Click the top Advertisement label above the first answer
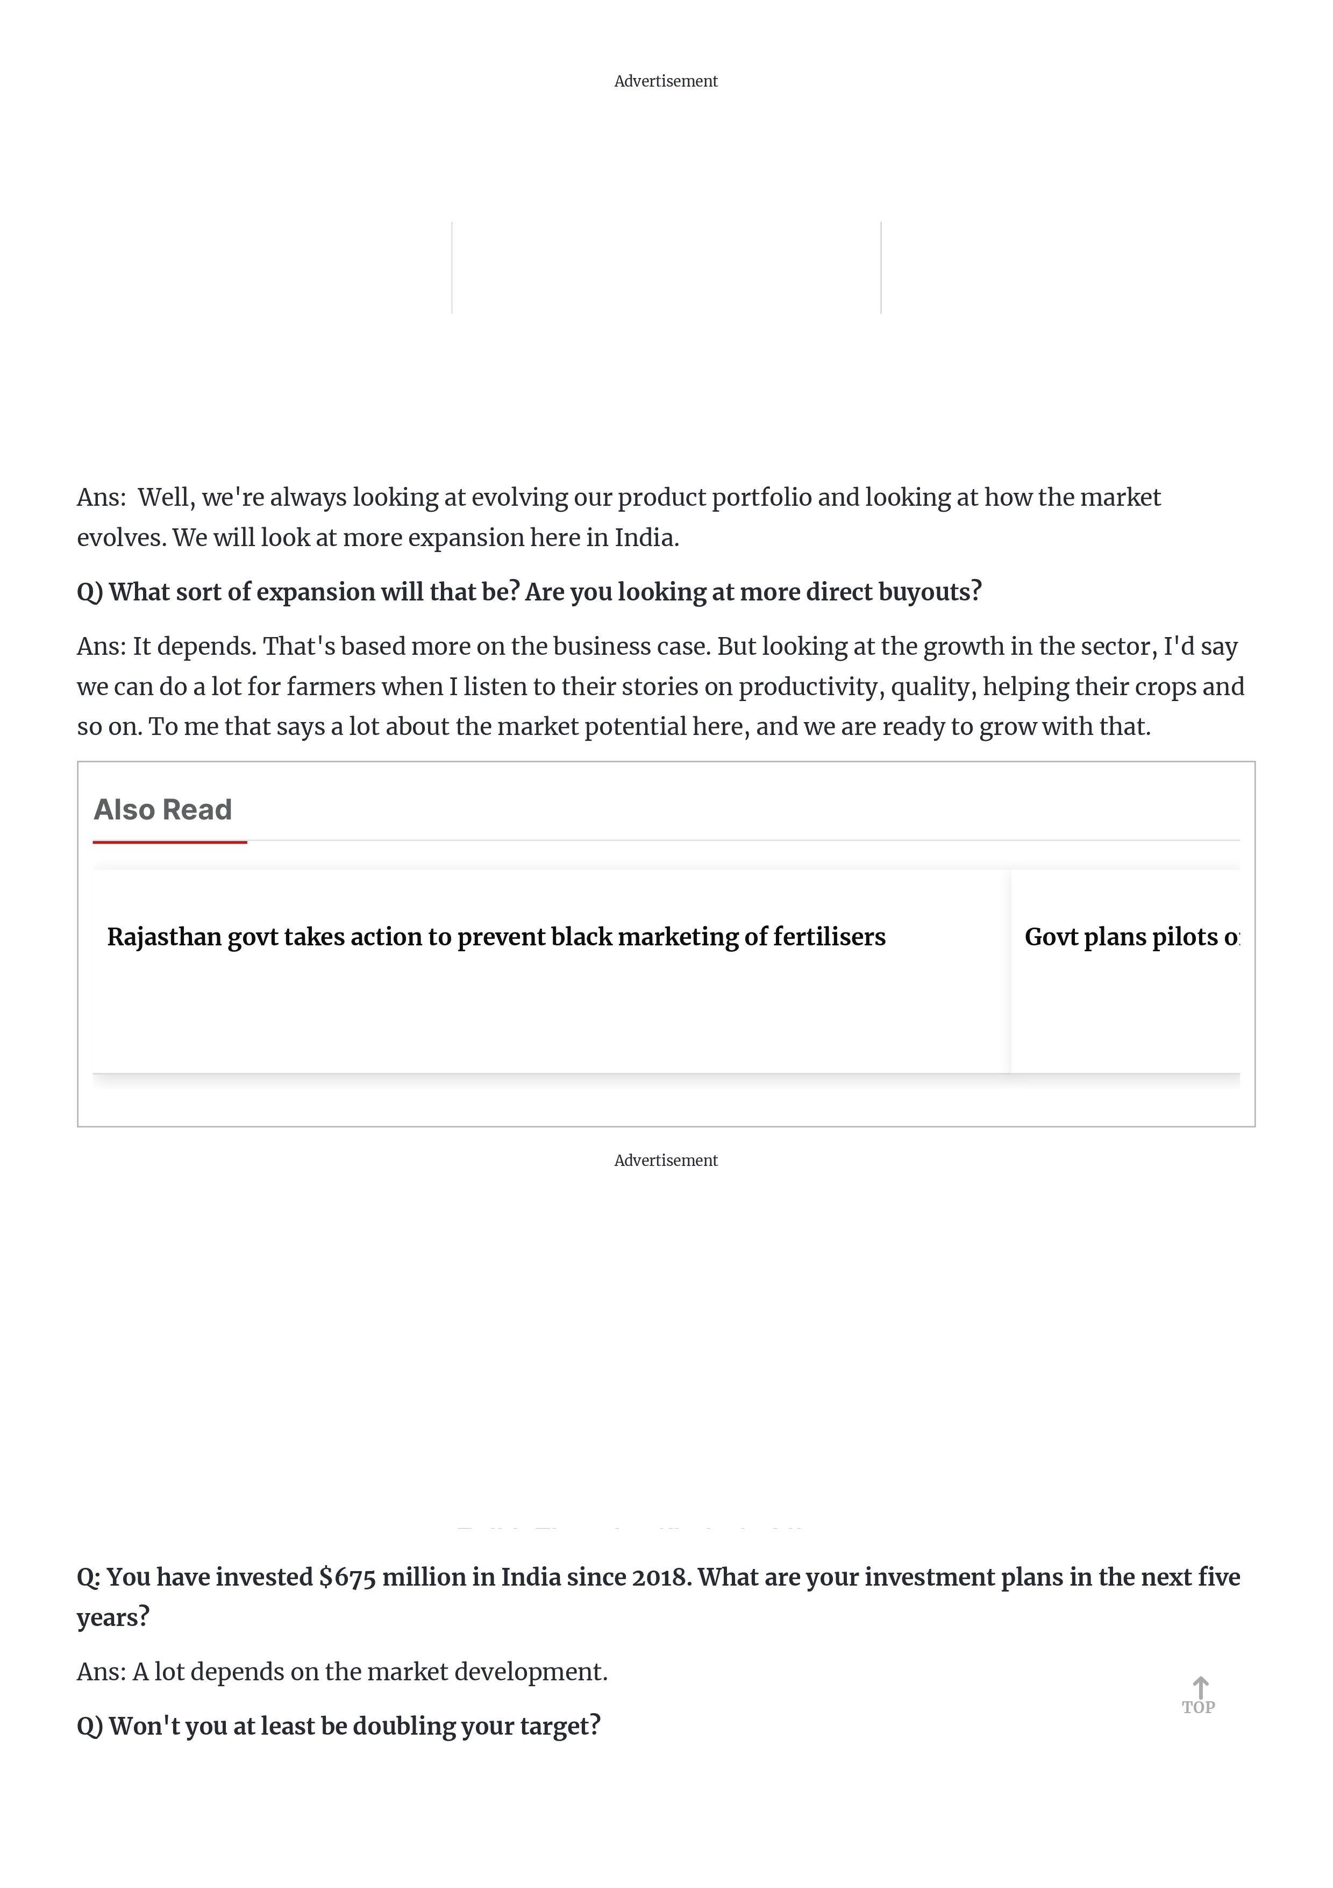(x=666, y=81)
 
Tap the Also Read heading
(x=163, y=810)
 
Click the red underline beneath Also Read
(x=169, y=842)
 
